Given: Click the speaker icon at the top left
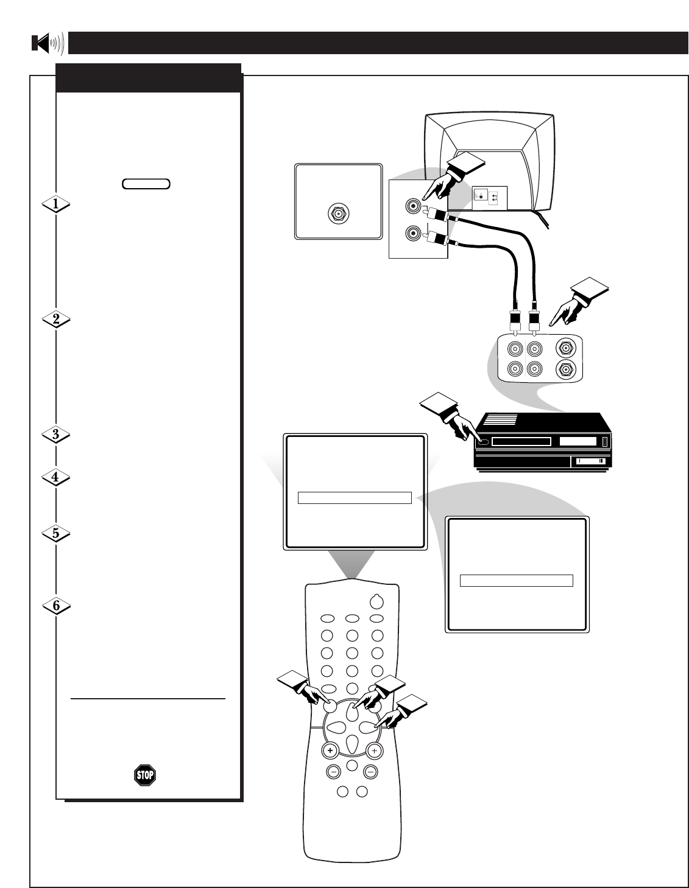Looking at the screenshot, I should pos(48,43).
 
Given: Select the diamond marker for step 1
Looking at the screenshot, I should pos(56,205).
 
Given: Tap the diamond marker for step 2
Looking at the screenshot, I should pos(56,320).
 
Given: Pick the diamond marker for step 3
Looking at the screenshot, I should pos(56,435).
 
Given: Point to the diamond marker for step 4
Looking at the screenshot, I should pos(56,478).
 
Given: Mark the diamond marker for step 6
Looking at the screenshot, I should pos(56,606).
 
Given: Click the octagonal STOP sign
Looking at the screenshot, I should pos(145,774).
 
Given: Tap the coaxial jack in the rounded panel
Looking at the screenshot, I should pos(337,214).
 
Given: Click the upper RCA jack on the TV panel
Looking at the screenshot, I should pos(414,207).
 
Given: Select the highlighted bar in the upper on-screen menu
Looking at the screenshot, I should pos(355,498).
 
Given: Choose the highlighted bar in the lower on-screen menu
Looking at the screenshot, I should pos(516,580).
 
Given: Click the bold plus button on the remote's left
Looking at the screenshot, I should pos(331,751).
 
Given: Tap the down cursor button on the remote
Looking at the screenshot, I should pos(353,744).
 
